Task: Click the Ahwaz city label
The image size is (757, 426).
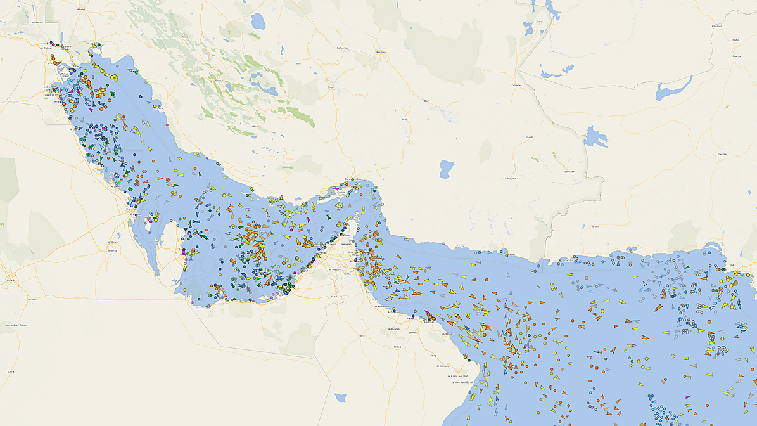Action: [80, 10]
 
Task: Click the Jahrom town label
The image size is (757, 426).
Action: [256, 126]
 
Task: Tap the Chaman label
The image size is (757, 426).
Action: [735, 26]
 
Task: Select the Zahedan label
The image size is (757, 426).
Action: [516, 84]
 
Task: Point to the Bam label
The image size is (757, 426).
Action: [426, 101]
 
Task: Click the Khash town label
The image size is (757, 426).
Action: [529, 137]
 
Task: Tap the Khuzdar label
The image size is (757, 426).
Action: [722, 154]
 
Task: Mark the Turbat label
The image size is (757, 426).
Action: [594, 226]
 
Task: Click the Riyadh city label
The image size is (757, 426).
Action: [10, 279]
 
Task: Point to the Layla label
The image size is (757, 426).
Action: [11, 371]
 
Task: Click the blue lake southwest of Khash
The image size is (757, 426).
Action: [447, 169]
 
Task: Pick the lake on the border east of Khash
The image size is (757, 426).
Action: [596, 136]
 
